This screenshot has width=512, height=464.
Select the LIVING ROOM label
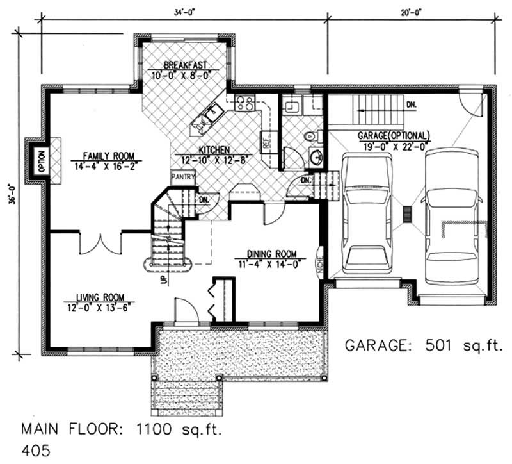point(99,297)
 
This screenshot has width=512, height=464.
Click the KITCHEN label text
point(205,149)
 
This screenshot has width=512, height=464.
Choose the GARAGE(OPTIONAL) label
point(392,136)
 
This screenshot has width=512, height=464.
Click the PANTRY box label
point(182,175)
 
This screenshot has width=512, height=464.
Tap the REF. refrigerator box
point(267,142)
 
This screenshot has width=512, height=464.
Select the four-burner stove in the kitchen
point(244,103)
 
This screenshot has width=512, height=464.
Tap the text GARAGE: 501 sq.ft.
point(424,345)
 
